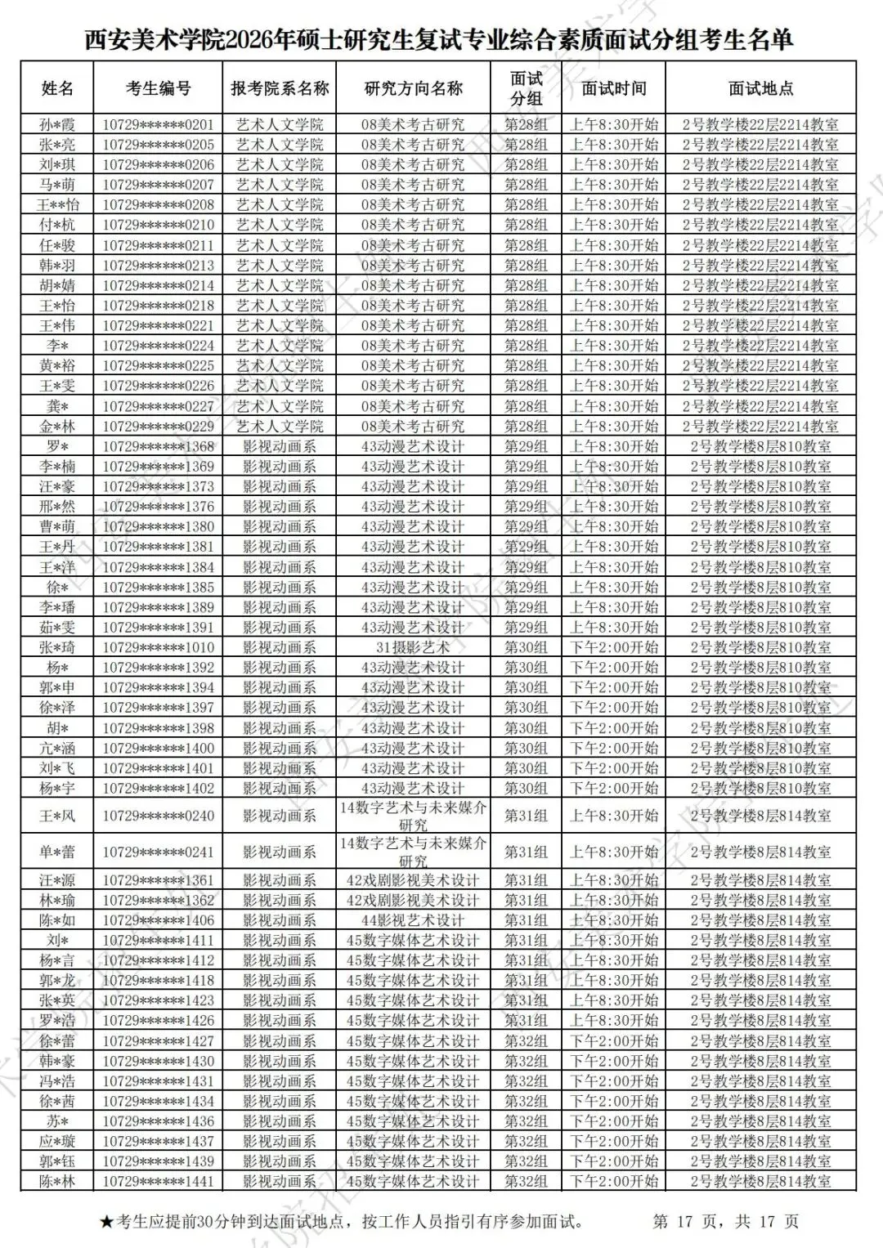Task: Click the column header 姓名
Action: click(x=57, y=88)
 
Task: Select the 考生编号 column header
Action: click(x=158, y=88)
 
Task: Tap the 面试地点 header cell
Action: click(x=760, y=88)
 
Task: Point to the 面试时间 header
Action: click(x=613, y=88)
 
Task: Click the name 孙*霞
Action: click(x=57, y=125)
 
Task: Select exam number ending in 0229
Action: click(x=158, y=427)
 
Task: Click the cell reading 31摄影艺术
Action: click(x=412, y=647)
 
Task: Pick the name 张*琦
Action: click(x=57, y=647)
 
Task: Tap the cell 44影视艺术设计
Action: click(x=412, y=920)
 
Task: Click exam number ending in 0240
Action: click(x=158, y=816)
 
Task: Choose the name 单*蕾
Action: click(x=57, y=852)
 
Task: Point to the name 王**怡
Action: click(x=57, y=205)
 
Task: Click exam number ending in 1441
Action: click(x=158, y=1181)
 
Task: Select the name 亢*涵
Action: click(x=57, y=748)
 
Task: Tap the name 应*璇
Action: click(x=57, y=1141)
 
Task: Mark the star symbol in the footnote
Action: click(x=106, y=1223)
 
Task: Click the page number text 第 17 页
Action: click(x=685, y=1222)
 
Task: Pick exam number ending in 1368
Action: click(x=158, y=446)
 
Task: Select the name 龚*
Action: click(x=57, y=406)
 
